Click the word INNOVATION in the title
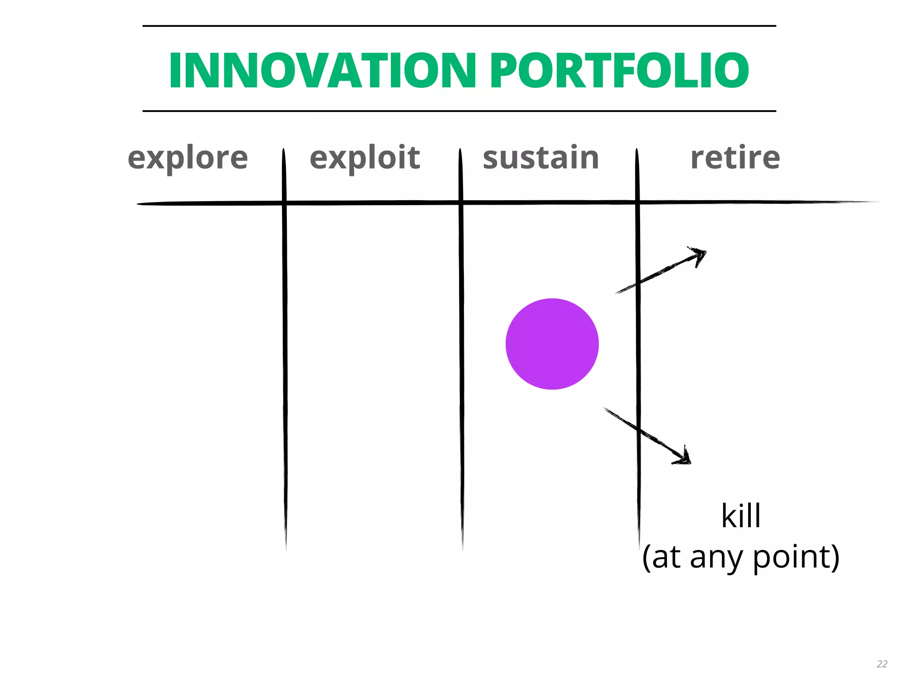[x=322, y=70]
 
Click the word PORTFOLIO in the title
[x=619, y=70]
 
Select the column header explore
[x=188, y=158]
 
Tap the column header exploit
[x=365, y=158]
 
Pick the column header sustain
[x=541, y=158]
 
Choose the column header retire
[x=735, y=158]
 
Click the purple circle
[x=552, y=344]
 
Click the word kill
[x=740, y=516]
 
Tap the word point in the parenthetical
[x=791, y=557]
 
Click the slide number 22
[x=882, y=664]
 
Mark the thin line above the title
[x=459, y=26]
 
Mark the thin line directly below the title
[x=459, y=111]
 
